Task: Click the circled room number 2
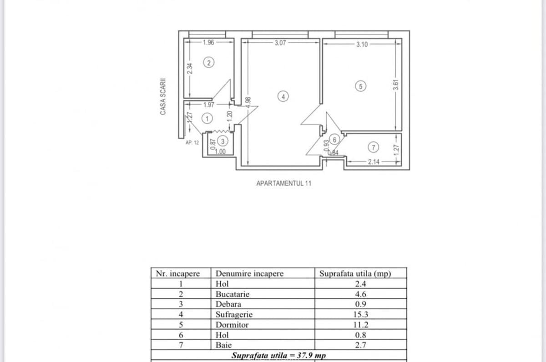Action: (208, 63)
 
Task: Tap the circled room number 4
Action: (283, 96)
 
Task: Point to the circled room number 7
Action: (373, 147)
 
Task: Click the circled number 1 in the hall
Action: (207, 118)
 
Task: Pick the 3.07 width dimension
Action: (280, 43)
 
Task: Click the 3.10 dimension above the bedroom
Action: (362, 45)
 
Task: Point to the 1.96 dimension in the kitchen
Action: (208, 43)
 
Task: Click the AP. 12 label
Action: (192, 142)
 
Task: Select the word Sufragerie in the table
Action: (234, 314)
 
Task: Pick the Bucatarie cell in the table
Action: (233, 294)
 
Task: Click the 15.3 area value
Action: (360, 314)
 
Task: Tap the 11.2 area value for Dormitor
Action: (360, 325)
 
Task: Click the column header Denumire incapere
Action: (249, 274)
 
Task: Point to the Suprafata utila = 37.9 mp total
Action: (278, 355)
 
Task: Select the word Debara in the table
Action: (228, 304)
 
